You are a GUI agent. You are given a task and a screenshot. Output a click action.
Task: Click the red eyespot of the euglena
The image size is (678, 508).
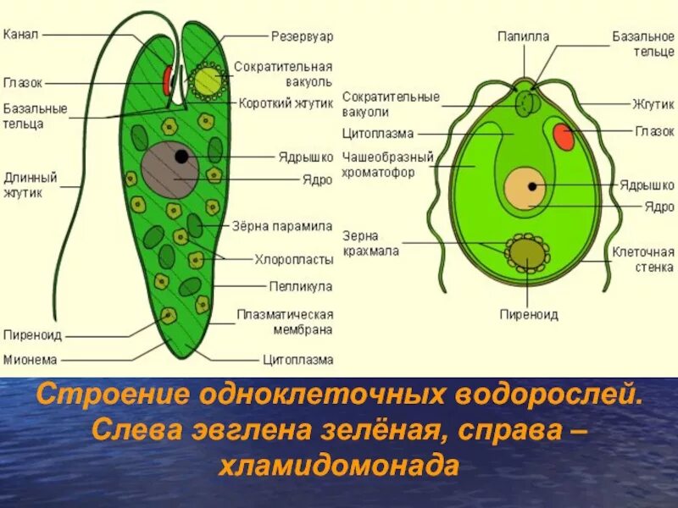[x=168, y=80]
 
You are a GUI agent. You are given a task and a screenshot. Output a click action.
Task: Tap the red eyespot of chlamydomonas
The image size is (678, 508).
[x=563, y=135]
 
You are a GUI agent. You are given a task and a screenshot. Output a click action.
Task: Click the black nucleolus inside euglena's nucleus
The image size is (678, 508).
[x=181, y=157]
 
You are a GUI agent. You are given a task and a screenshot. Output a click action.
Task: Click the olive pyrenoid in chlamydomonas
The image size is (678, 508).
[x=526, y=251]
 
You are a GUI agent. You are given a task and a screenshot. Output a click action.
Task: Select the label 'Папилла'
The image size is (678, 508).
[x=523, y=36]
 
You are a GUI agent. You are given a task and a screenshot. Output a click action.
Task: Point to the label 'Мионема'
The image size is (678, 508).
[x=30, y=359]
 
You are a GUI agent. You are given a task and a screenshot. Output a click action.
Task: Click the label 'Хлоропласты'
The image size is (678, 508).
[x=293, y=259]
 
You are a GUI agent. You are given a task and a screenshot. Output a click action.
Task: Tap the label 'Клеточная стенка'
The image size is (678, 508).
[x=643, y=259]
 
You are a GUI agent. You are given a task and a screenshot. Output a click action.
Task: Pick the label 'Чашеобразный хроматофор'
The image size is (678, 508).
[x=389, y=164]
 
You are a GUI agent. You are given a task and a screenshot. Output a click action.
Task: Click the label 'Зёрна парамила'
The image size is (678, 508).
[x=282, y=226]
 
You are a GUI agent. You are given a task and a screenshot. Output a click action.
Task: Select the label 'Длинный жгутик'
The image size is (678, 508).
[x=31, y=185]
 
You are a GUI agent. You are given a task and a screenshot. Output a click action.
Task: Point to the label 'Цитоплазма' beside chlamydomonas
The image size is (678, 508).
[x=377, y=134]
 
